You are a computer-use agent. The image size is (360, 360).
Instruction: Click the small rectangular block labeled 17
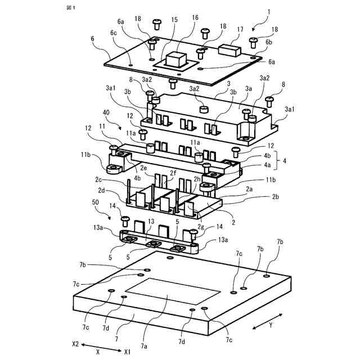pyautogui.click(x=229, y=49)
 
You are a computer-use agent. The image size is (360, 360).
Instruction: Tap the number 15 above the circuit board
pyautogui.click(x=174, y=20)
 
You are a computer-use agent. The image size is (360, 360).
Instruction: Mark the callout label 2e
pyautogui.click(x=143, y=168)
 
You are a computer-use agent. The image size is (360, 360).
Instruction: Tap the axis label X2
pyautogui.click(x=75, y=343)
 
